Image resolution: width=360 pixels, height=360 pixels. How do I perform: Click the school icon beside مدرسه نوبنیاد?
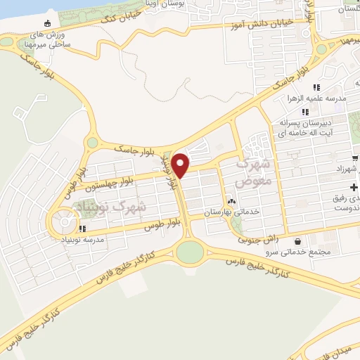pyautogui.click(x=82, y=229)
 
